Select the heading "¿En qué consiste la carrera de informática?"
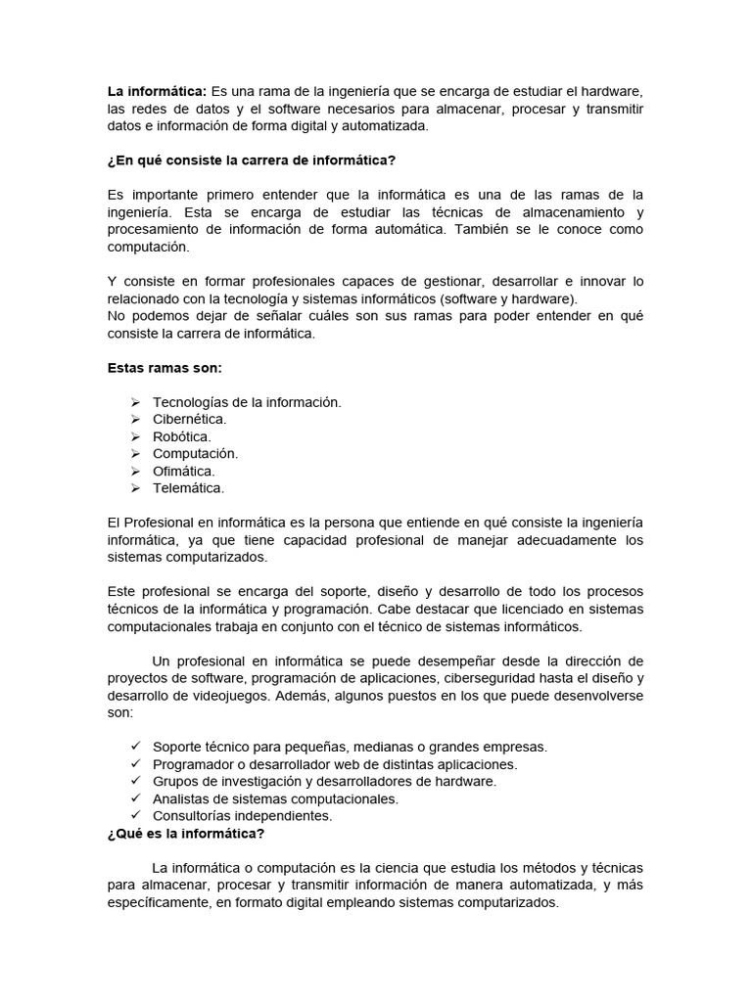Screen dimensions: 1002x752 coord(252,160)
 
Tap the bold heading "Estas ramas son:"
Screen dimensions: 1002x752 coord(164,368)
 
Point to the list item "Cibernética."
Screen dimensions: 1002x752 coord(190,420)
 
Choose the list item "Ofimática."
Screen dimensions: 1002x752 coord(184,471)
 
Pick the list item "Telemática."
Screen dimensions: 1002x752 coord(188,487)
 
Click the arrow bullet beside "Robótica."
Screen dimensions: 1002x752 coord(135,437)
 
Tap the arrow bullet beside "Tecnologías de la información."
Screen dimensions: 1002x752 coord(135,403)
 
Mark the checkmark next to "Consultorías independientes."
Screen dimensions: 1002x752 coord(135,815)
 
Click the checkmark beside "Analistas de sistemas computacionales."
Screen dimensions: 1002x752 coord(135,798)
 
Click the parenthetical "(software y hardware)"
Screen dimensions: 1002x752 coord(509,298)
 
